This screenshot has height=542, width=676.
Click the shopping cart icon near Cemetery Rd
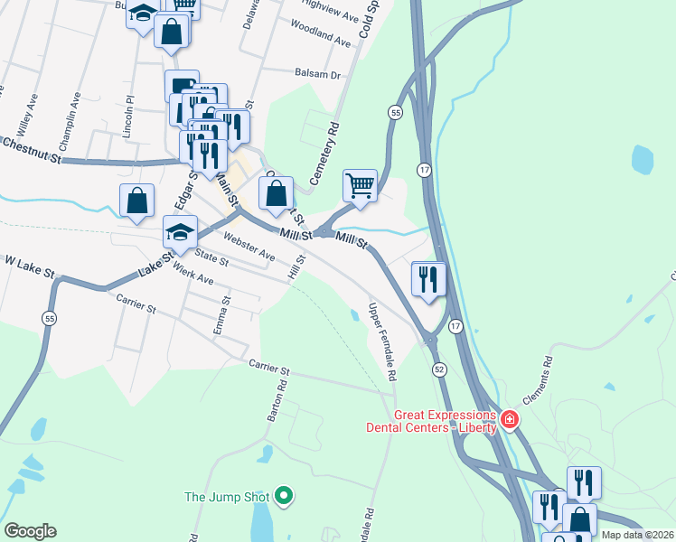point(360,186)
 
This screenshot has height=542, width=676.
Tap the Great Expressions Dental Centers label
point(430,421)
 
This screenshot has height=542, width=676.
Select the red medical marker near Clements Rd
point(509,419)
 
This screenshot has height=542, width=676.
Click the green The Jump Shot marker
point(284,495)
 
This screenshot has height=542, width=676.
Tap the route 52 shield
point(439,369)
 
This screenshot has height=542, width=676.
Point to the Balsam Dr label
point(317,75)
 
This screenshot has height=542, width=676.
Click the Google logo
point(30,531)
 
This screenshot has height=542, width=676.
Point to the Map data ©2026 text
point(638,535)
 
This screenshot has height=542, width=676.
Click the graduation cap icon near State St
point(180,232)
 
